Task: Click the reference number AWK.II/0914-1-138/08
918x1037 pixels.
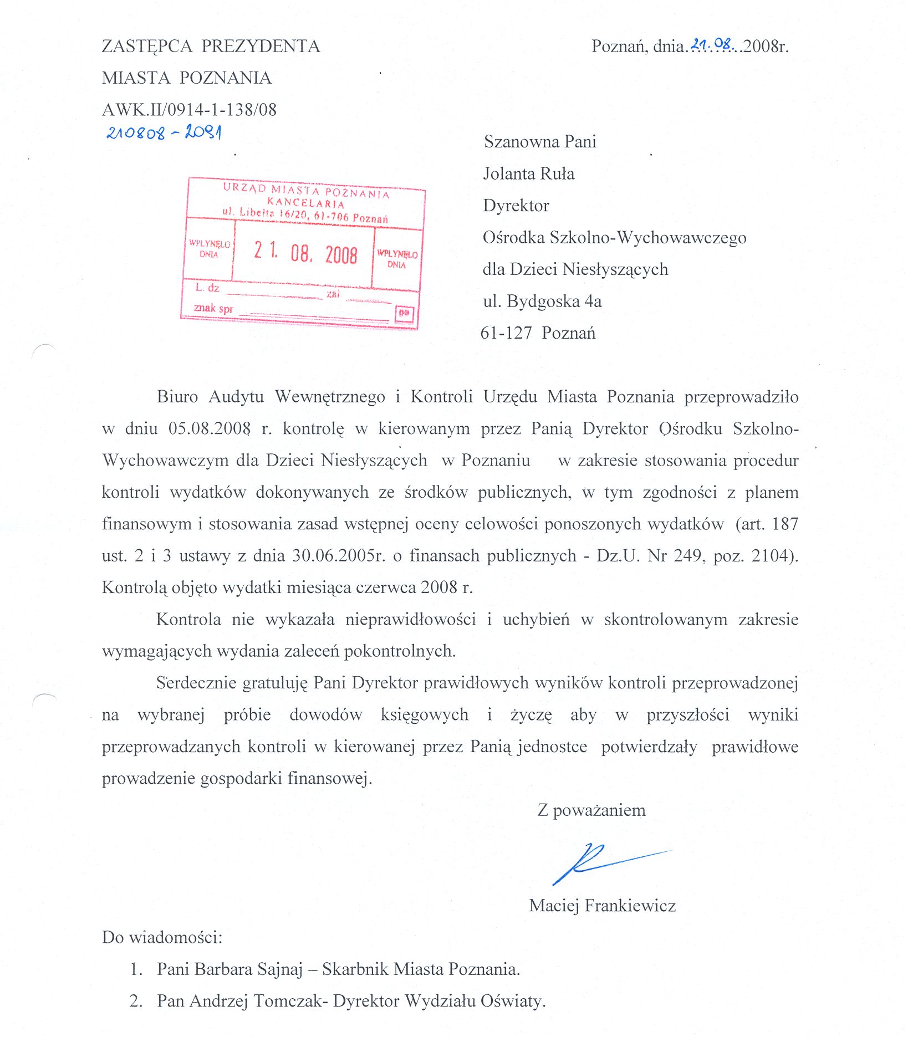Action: pos(189,110)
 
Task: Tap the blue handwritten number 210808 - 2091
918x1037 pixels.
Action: pos(164,132)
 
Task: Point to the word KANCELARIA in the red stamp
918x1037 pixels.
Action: pos(305,203)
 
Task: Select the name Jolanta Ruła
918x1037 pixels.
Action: pos(528,174)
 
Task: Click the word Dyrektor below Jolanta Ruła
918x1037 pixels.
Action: pos(516,206)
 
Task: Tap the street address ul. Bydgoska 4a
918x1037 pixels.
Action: pos(542,302)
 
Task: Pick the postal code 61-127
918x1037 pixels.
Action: pos(506,333)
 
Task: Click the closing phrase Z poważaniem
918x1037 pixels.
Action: pos(591,810)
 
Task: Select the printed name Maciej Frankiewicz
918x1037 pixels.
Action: pos(602,906)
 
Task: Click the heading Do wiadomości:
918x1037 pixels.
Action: pos(162,937)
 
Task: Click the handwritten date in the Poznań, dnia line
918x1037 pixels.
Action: pos(713,45)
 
